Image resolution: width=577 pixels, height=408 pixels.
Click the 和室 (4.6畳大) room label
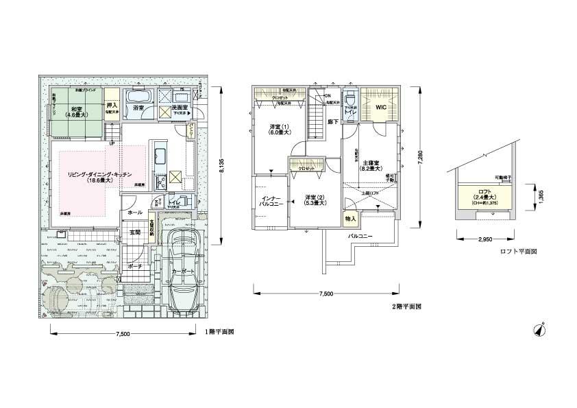pyautogui.click(x=73, y=112)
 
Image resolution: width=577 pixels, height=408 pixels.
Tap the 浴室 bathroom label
pyautogui.click(x=138, y=108)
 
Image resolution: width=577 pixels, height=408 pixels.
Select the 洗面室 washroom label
pyautogui.click(x=180, y=108)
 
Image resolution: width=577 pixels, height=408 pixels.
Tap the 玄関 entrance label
pyautogui.click(x=135, y=232)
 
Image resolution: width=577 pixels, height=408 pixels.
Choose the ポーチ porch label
pyautogui.click(x=135, y=266)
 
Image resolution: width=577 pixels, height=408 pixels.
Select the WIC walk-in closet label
pyautogui.click(x=381, y=107)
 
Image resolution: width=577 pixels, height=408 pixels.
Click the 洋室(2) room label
pyautogui.click(x=314, y=199)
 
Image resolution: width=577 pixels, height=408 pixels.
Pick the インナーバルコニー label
pyautogui.click(x=269, y=202)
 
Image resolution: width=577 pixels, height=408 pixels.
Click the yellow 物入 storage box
pyautogui.click(x=350, y=219)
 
